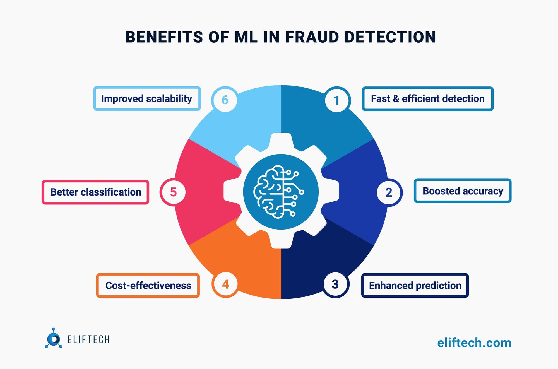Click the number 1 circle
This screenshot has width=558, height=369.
pyautogui.click(x=336, y=100)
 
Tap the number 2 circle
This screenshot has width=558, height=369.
pyautogui.click(x=389, y=192)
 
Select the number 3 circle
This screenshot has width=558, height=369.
pyautogui.click(x=335, y=284)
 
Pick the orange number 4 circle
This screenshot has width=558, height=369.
pyautogui.click(x=225, y=284)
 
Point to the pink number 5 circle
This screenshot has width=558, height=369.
pyautogui.click(x=173, y=192)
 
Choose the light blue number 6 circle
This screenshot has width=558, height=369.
pyautogui.click(x=225, y=100)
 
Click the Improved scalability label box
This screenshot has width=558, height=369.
pyautogui.click(x=147, y=98)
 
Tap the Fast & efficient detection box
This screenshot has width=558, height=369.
pyautogui.click(x=427, y=98)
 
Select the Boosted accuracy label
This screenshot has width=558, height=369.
pyautogui.click(x=462, y=191)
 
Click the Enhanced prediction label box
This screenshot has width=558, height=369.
pyautogui.click(x=415, y=285)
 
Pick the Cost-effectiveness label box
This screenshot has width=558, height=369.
pyautogui.click(x=148, y=285)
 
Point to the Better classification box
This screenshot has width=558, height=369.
pyautogui.click(x=95, y=192)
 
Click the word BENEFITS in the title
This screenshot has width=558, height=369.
pyautogui.click(x=164, y=37)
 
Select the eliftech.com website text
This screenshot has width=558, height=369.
pyautogui.click(x=474, y=343)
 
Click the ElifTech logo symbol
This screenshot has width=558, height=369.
pyautogui.click(x=54, y=339)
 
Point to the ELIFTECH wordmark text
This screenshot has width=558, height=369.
pyautogui.click(x=88, y=339)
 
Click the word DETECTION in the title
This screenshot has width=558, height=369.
pyautogui.click(x=390, y=37)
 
